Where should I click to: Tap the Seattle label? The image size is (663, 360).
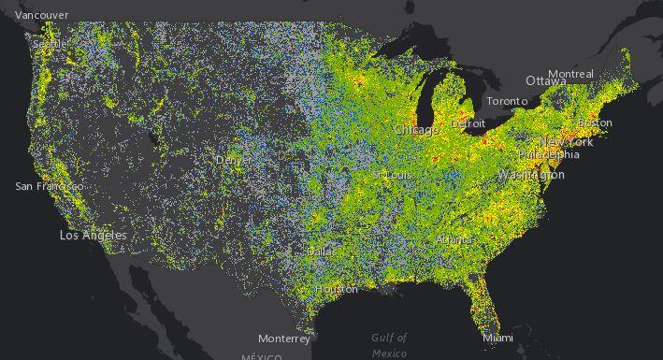pyautogui.click(x=49, y=44)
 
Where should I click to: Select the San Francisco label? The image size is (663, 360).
pyautogui.click(x=49, y=186)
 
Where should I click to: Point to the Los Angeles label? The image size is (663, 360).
pyautogui.click(x=93, y=236)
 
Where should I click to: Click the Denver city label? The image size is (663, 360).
pyautogui.click(x=234, y=160)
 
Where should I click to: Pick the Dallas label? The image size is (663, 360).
pyautogui.click(x=324, y=252)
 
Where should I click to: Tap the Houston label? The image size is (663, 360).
pyautogui.click(x=337, y=289)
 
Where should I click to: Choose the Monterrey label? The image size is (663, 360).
pyautogui.click(x=284, y=338)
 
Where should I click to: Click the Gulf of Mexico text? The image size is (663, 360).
pyautogui.click(x=389, y=345)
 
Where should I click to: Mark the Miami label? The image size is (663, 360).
pyautogui.click(x=497, y=338)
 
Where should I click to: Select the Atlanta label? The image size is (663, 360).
pyautogui.click(x=454, y=239)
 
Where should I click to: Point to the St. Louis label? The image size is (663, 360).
pyautogui.click(x=392, y=175)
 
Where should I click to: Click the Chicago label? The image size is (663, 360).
pyautogui.click(x=416, y=130)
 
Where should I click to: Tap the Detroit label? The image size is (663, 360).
pyautogui.click(x=468, y=122)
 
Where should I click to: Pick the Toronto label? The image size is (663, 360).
pyautogui.click(x=507, y=101)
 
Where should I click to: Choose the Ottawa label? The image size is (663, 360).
pyautogui.click(x=545, y=81)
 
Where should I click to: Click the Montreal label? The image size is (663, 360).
pyautogui.click(x=570, y=74)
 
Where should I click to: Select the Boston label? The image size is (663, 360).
pyautogui.click(x=595, y=122)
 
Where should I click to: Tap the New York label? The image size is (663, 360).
pyautogui.click(x=567, y=141)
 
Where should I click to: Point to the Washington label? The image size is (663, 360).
pyautogui.click(x=531, y=175)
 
